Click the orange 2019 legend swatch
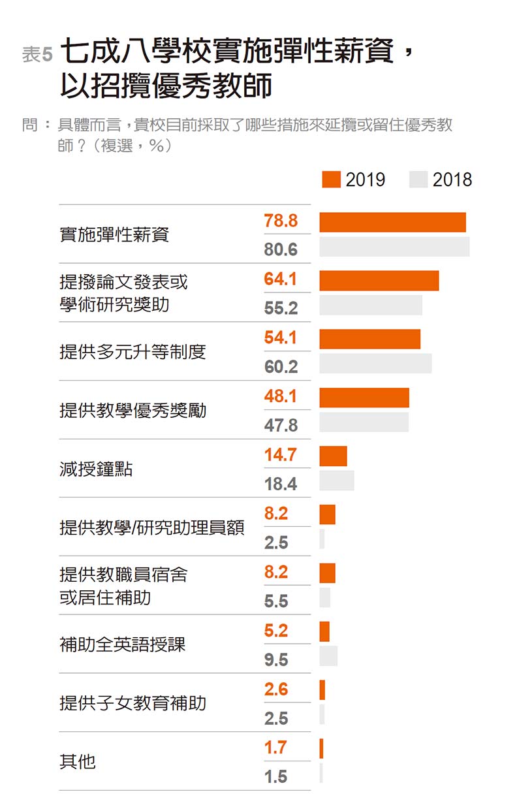click(x=331, y=180)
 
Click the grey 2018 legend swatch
click(x=418, y=180)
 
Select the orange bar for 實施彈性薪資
click(x=392, y=222)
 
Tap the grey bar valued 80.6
click(x=394, y=247)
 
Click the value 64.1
click(x=280, y=279)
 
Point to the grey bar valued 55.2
click(x=371, y=305)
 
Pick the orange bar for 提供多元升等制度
click(x=369, y=339)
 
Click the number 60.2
click(x=281, y=367)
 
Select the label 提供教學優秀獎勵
click(x=133, y=411)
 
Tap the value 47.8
click(x=281, y=426)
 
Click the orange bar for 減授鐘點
click(x=333, y=456)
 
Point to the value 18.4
click(x=281, y=484)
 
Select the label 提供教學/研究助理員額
click(x=151, y=528)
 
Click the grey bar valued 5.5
click(x=324, y=597)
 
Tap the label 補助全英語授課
click(x=123, y=644)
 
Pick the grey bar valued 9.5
click(x=328, y=656)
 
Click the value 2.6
click(x=275, y=689)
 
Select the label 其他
click(x=77, y=761)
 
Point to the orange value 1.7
click(x=275, y=748)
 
